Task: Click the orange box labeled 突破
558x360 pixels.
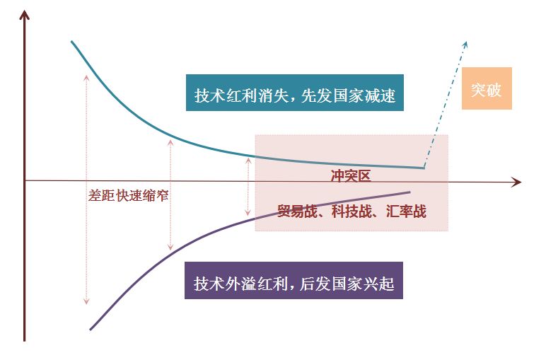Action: coord(487,88)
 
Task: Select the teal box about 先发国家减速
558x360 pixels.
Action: coord(294,93)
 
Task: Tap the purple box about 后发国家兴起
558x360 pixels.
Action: coord(293,281)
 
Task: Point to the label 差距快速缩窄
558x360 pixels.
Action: coord(129,195)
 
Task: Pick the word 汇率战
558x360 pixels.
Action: coord(406,210)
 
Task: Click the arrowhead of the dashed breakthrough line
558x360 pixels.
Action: coord(466,42)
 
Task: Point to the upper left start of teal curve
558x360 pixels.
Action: coord(72,43)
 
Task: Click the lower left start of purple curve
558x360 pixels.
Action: coord(91,329)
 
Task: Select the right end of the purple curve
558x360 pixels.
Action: coord(409,192)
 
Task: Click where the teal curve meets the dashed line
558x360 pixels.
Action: coord(424,168)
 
